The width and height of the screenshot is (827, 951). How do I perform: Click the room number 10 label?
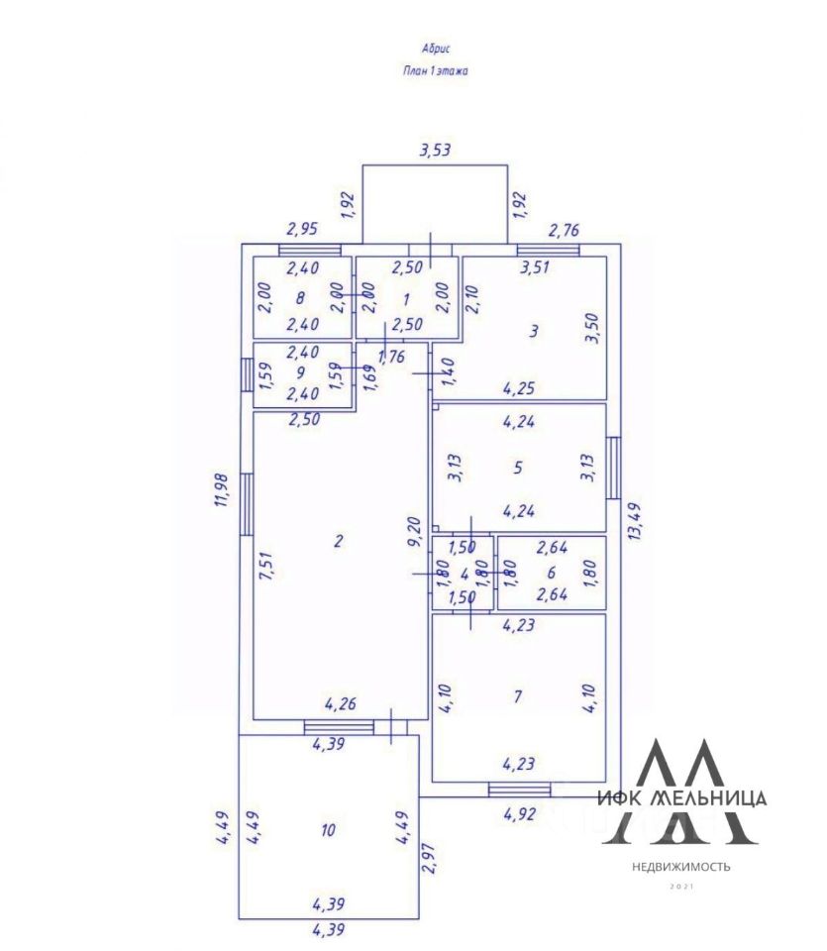tap(327, 830)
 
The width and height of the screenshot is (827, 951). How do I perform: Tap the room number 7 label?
tap(517, 696)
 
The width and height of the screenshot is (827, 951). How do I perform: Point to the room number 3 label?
tap(534, 332)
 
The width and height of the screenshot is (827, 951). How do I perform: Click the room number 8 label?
tap(299, 296)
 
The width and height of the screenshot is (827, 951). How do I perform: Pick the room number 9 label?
tap(299, 372)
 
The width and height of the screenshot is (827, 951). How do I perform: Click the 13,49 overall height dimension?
tap(636, 520)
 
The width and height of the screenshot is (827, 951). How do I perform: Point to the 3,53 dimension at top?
tap(436, 151)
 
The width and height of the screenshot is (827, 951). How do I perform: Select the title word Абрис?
tap(436, 47)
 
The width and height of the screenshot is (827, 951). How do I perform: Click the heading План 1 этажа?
tap(435, 70)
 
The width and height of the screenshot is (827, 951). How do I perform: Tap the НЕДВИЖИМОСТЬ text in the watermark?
tap(682, 867)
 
